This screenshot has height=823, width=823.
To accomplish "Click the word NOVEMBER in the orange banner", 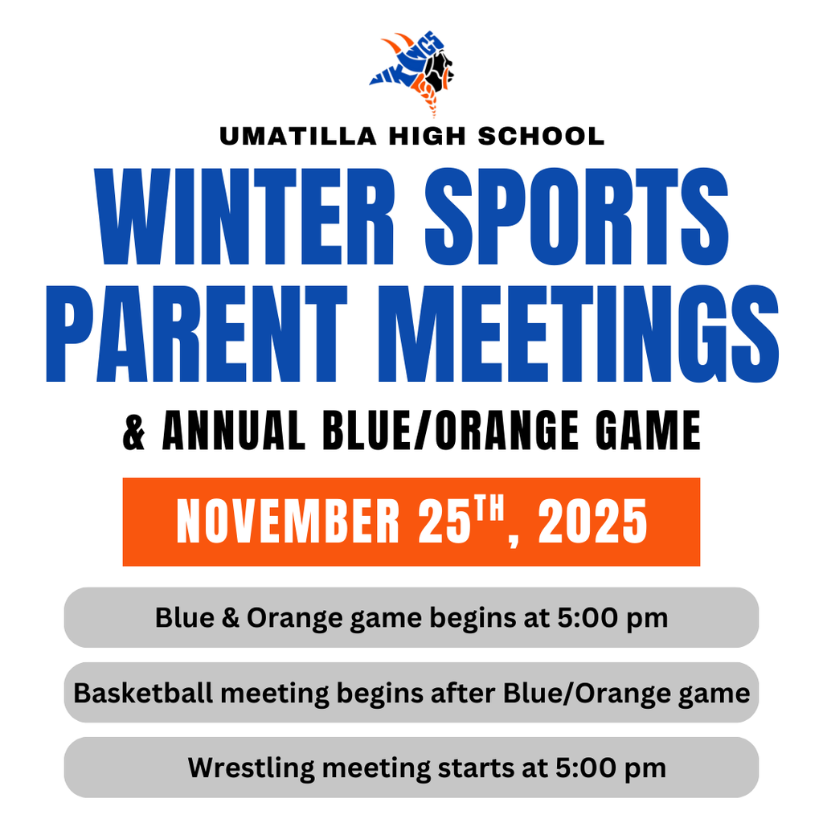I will [x=288, y=522].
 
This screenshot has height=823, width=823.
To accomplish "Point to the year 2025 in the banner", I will [x=592, y=522].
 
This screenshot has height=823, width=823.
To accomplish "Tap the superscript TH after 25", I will [x=494, y=510].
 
